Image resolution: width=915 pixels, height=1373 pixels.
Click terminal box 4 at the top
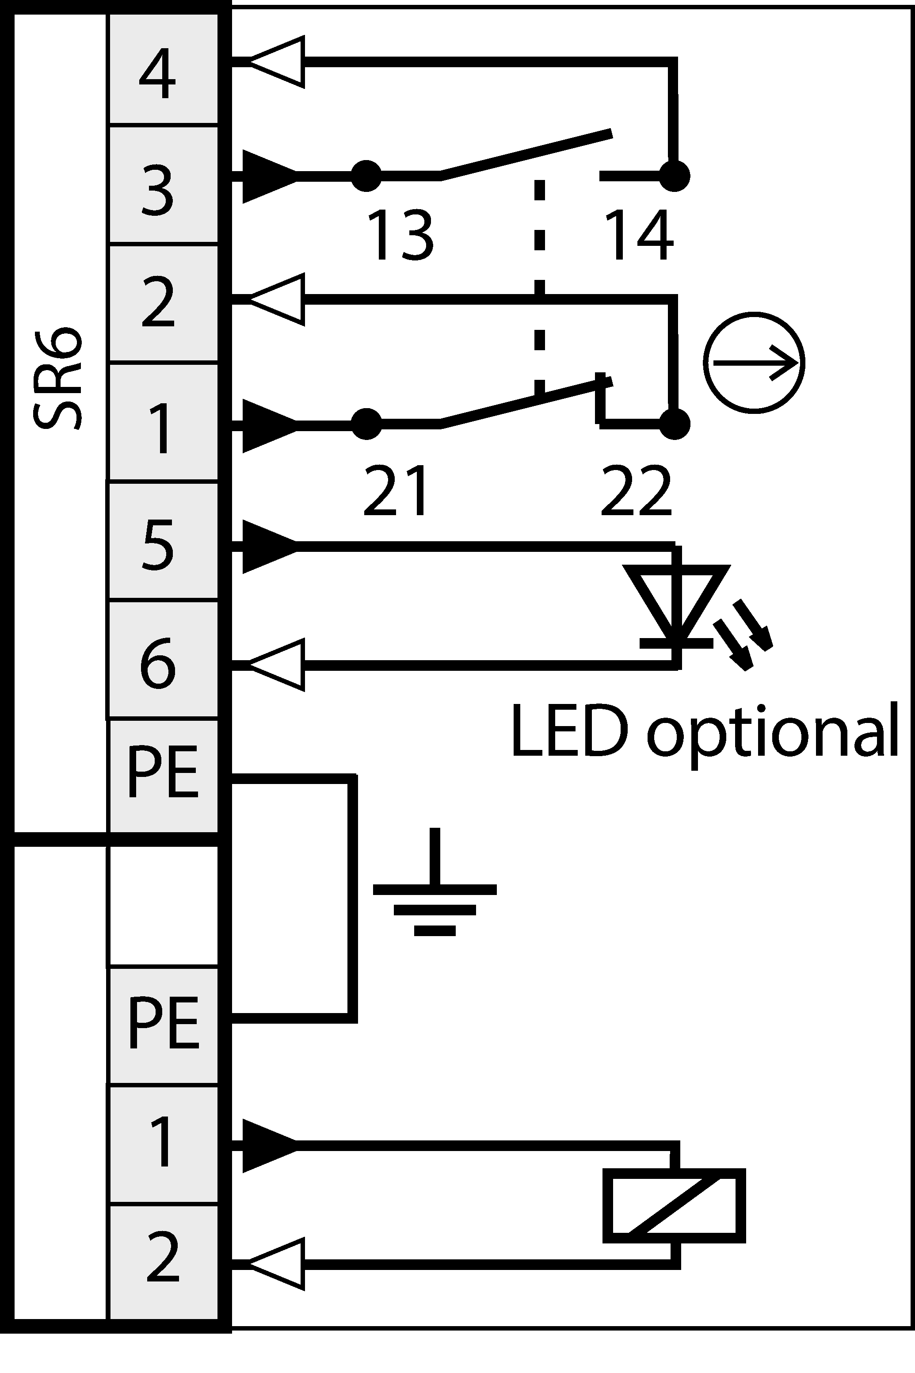click(164, 69)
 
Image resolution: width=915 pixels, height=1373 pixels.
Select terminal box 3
click(164, 184)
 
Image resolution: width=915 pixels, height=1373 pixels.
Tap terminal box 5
click(164, 540)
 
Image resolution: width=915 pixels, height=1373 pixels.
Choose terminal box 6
click(164, 660)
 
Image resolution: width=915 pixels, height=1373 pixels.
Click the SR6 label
click(57, 379)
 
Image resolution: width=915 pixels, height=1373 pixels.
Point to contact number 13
click(401, 235)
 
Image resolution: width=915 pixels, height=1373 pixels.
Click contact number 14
click(640, 235)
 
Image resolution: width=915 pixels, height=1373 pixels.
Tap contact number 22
click(636, 490)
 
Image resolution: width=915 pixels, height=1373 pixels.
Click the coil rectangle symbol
click(674, 1206)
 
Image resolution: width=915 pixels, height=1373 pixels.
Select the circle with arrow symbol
click(754, 363)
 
